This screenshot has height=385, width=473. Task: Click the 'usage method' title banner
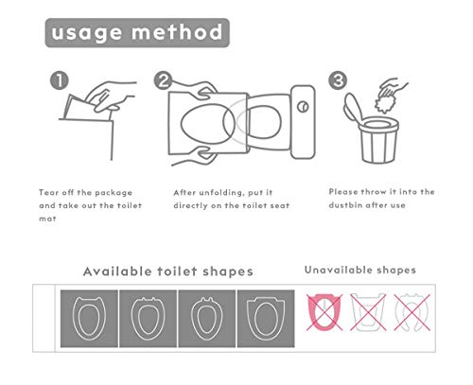136,33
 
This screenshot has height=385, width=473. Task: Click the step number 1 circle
60,81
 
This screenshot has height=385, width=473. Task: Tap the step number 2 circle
164,81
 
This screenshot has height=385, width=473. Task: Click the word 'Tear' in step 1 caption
49,191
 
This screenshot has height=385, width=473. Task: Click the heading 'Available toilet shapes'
167,271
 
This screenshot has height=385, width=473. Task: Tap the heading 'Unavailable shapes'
359,270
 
